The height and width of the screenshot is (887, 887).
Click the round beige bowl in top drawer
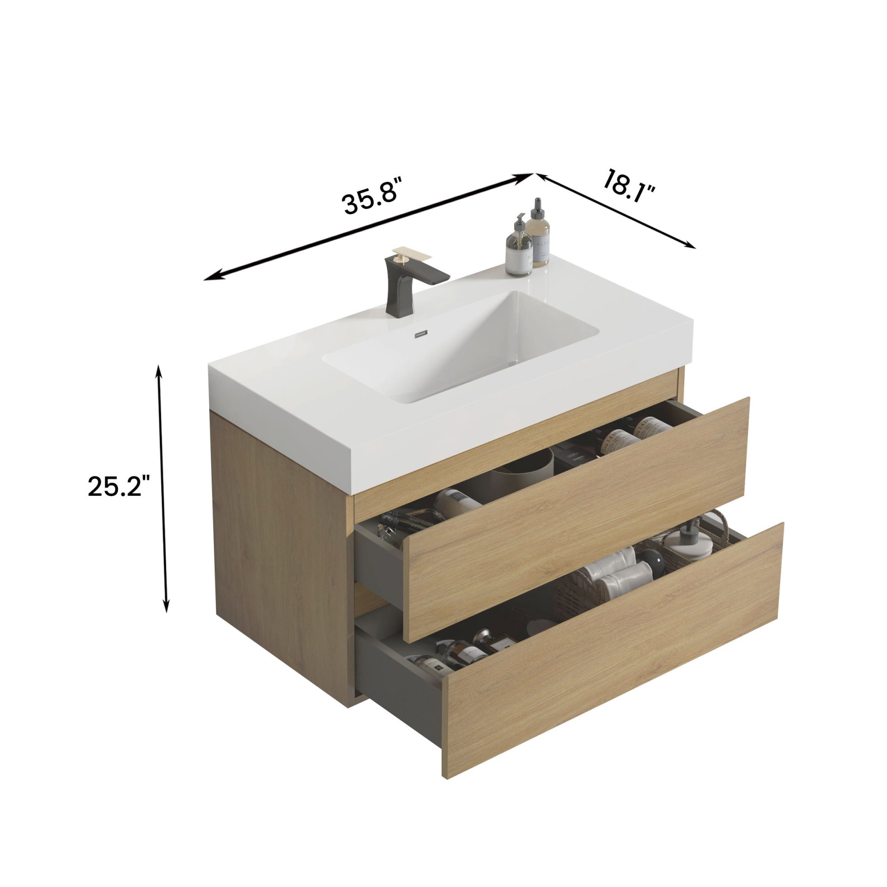[524, 466]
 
